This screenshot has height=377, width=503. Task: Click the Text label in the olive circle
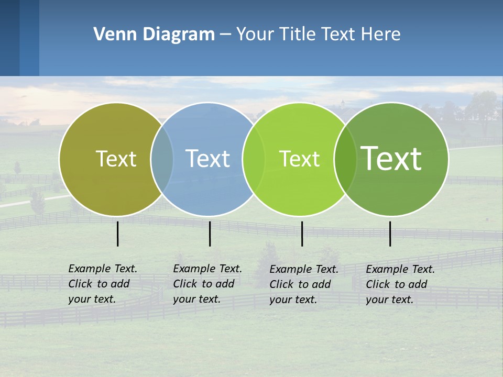(x=116, y=159)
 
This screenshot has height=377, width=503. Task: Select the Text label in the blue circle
(x=207, y=159)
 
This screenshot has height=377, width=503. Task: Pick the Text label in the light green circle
(x=299, y=159)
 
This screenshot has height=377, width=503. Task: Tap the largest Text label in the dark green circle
(x=391, y=159)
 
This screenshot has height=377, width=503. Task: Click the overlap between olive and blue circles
(x=162, y=159)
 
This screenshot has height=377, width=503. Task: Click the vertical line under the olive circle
(x=118, y=234)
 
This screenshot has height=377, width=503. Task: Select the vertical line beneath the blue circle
(x=210, y=234)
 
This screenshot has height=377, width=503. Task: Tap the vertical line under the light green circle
(x=302, y=234)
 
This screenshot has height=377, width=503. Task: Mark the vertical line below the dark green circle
(x=390, y=234)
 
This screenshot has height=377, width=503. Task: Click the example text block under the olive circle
(x=103, y=284)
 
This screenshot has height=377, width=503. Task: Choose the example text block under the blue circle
(x=207, y=284)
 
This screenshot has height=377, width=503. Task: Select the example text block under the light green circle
(x=304, y=284)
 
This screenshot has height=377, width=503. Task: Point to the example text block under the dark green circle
(x=400, y=284)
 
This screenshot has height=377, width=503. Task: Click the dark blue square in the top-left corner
(x=10, y=38)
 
